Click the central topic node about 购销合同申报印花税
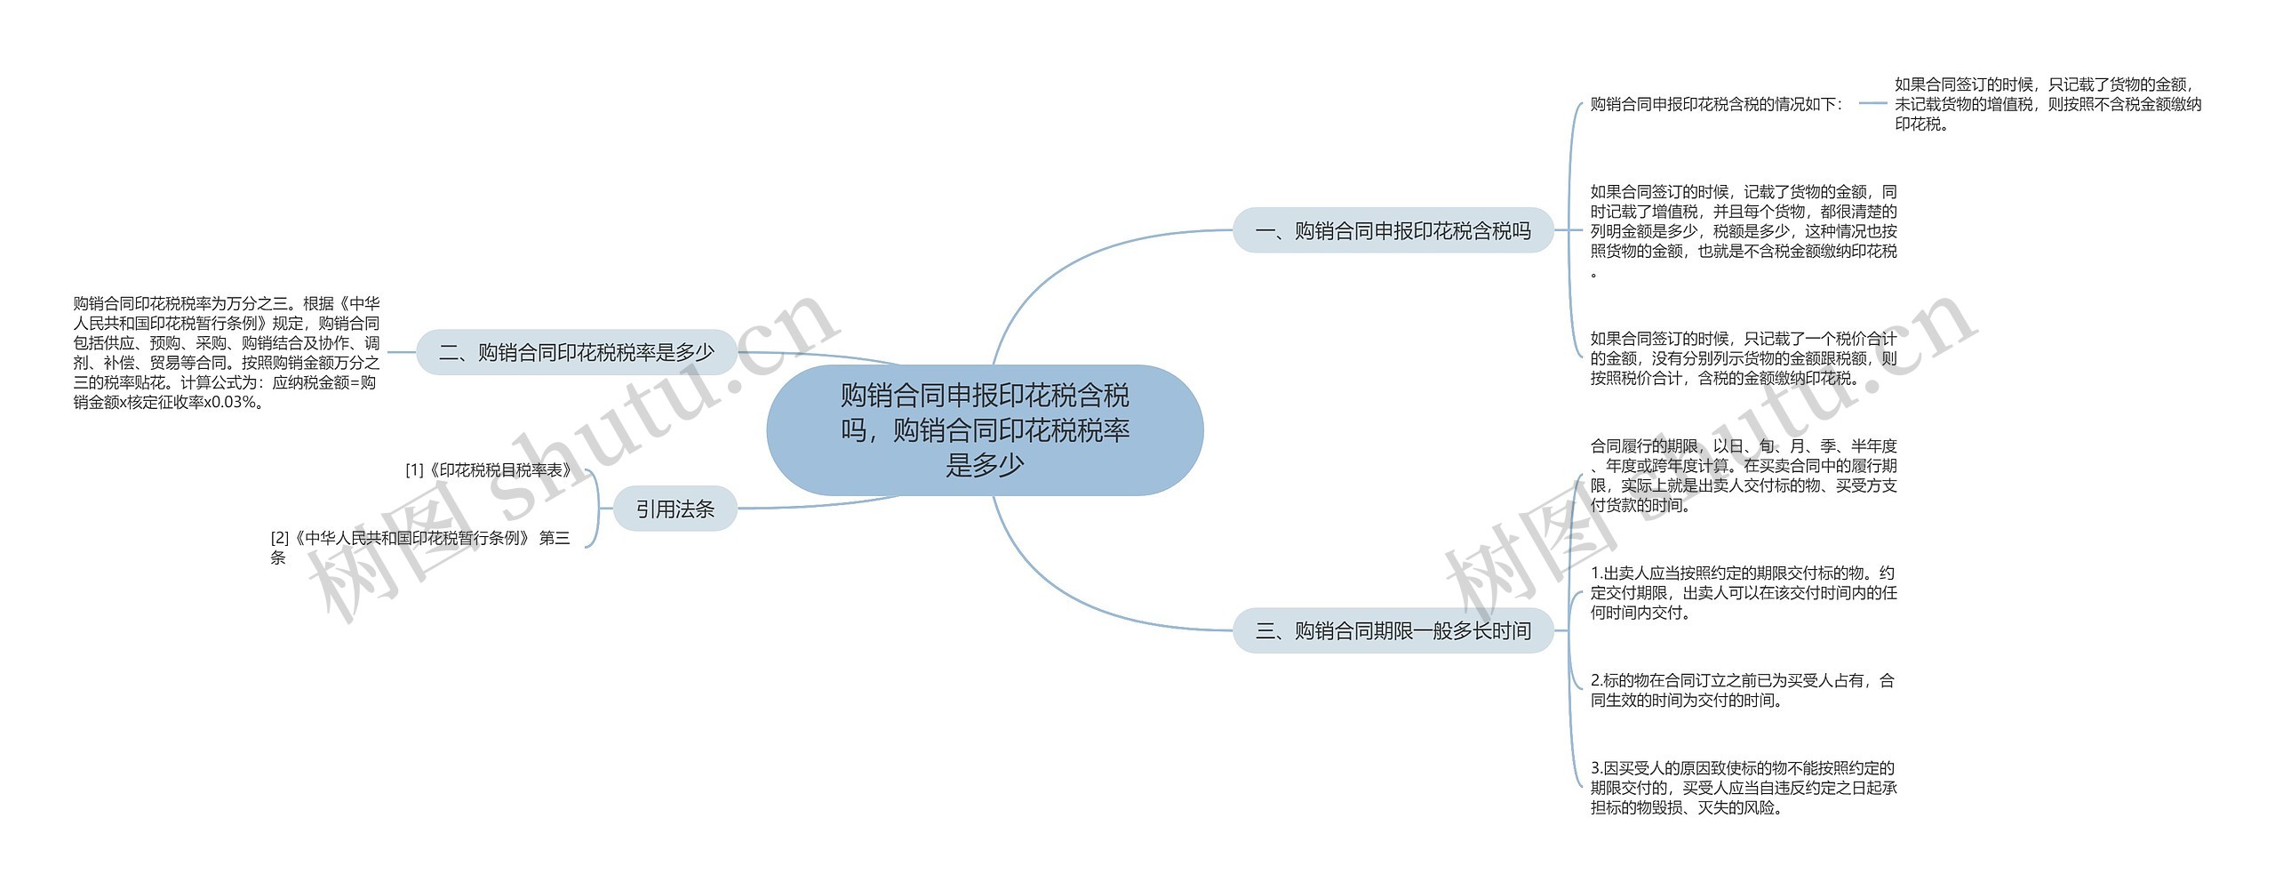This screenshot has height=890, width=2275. coord(985,429)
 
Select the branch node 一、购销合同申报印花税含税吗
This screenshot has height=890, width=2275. coord(1393,230)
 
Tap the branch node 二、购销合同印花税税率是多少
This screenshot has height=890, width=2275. coord(577,352)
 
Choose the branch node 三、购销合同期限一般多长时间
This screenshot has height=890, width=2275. coord(1393,630)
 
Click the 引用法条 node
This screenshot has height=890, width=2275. coord(675,509)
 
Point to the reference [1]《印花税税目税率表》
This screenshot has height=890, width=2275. coord(489,469)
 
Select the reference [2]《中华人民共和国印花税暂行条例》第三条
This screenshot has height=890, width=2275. coord(420,548)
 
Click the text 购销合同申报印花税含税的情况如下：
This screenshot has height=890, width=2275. coord(1717,104)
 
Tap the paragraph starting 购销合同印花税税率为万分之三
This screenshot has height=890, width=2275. coord(227,353)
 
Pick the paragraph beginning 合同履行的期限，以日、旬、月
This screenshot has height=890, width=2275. coord(1744,476)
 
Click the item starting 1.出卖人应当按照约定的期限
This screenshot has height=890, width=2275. coord(1744,592)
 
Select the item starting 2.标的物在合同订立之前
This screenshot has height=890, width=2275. coord(1743,690)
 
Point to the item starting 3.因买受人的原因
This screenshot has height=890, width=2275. coord(1744,788)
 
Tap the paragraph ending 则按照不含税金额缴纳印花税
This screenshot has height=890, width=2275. coord(2047,104)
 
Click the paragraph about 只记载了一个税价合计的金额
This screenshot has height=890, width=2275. coord(1744,358)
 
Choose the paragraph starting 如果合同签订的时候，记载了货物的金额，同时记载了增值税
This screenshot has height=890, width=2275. coord(1744,231)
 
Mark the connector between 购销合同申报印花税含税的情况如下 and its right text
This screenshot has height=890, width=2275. coord(1872,103)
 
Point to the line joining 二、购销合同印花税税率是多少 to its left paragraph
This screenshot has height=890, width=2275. coord(403,352)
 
